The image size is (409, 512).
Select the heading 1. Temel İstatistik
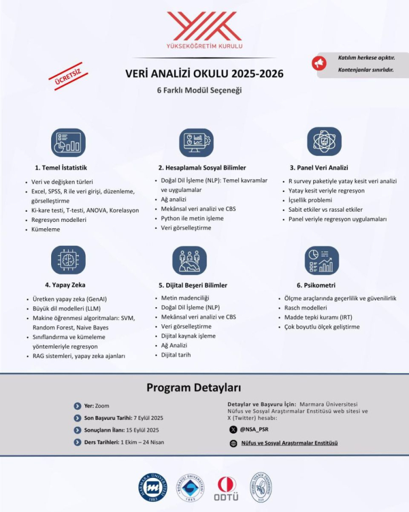click(61, 167)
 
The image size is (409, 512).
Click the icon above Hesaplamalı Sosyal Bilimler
click(196, 142)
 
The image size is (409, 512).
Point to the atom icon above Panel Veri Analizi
click(324, 141)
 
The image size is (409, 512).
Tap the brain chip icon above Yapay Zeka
click(68, 260)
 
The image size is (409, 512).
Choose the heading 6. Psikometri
click(316, 285)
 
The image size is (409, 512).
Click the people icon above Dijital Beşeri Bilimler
click(189, 260)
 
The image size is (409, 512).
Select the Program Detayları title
click(194, 387)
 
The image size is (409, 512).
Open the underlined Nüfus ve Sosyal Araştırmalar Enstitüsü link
click(289, 443)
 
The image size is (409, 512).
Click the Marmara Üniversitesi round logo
click(153, 487)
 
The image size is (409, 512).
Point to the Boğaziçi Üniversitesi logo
click(190, 487)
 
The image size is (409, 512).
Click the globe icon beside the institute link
click(233, 443)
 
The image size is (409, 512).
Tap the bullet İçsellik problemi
click(310, 200)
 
